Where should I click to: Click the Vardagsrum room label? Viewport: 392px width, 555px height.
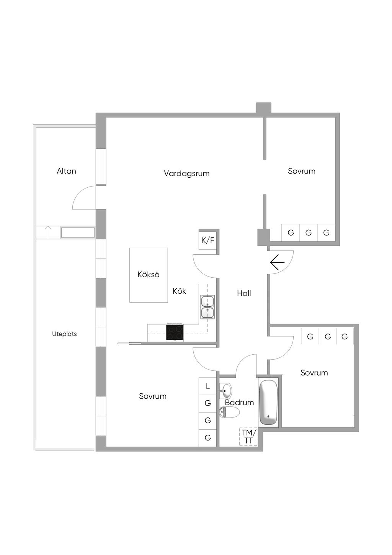[187, 173]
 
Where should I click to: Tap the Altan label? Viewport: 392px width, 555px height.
[66, 171]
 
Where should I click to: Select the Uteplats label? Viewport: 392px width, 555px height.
[64, 334]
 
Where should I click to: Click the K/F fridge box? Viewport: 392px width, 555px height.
[208, 240]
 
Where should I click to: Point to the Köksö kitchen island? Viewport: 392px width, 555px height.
[149, 275]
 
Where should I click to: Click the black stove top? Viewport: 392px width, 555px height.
[175, 332]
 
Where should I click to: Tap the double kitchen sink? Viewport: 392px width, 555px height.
[208, 307]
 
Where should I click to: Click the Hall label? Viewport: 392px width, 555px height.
[244, 293]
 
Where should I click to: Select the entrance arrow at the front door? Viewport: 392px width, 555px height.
[277, 262]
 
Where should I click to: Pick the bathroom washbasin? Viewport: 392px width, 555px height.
[225, 391]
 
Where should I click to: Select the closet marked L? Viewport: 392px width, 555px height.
[208, 386]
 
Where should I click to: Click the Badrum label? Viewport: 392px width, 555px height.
[240, 403]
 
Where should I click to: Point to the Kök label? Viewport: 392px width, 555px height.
[179, 291]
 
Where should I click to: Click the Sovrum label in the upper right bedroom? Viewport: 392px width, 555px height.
[302, 171]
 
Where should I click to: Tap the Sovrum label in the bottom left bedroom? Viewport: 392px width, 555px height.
[152, 396]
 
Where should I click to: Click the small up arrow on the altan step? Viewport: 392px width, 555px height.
[48, 232]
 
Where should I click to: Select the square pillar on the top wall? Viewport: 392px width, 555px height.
[264, 108]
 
